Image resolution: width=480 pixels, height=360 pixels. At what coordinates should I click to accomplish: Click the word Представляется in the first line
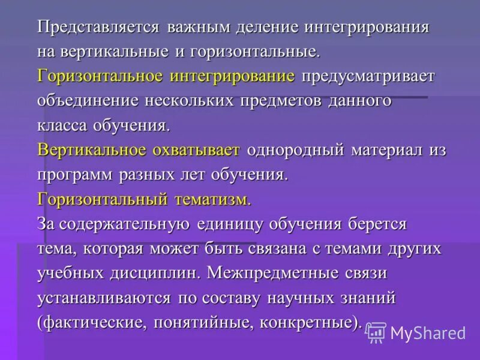click(x=98, y=28)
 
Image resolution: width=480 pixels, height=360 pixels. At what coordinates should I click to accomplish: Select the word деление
click(x=264, y=28)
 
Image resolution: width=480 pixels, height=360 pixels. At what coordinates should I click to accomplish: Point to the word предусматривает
click(x=368, y=76)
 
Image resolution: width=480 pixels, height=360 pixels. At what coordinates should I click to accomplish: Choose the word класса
click(x=63, y=125)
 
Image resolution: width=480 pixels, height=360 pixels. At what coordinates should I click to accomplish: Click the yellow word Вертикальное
click(x=94, y=150)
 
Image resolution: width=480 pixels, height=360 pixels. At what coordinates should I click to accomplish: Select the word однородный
click(x=296, y=150)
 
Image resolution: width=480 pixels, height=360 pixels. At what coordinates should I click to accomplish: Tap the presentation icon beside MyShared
click(x=376, y=332)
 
